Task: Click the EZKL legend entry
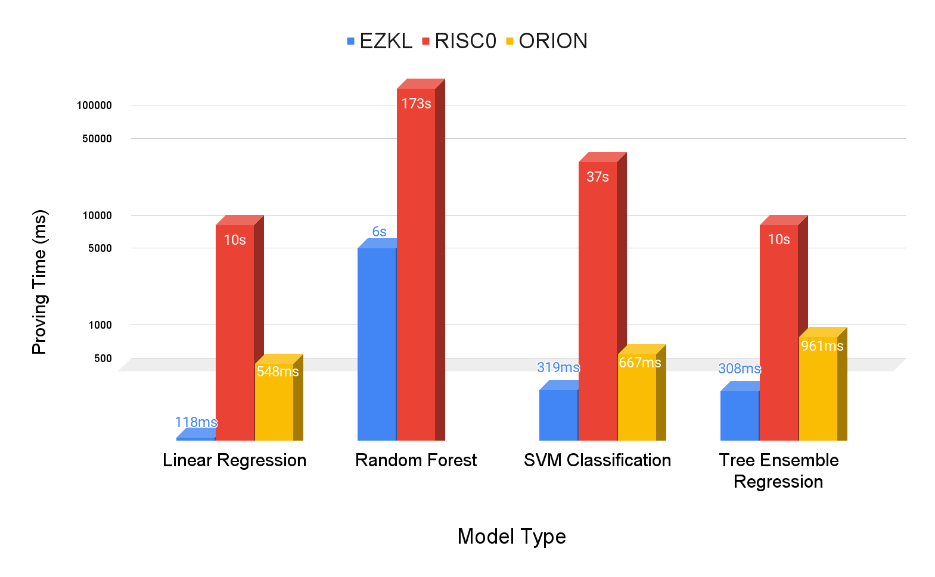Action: pos(380,41)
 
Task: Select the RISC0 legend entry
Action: pos(459,41)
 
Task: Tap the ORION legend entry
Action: pos(546,41)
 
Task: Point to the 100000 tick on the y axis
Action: pos(94,105)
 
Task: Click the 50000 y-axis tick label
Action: pos(97,139)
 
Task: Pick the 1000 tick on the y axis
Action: pos(100,325)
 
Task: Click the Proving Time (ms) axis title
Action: pos(39,282)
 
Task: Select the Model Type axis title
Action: pos(511,537)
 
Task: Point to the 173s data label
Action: pos(416,104)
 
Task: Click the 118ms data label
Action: pos(196,422)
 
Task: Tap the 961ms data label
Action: pos(822,346)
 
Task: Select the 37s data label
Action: pos(598,177)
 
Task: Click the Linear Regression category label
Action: pos(234,460)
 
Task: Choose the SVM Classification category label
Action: pos(597,460)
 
